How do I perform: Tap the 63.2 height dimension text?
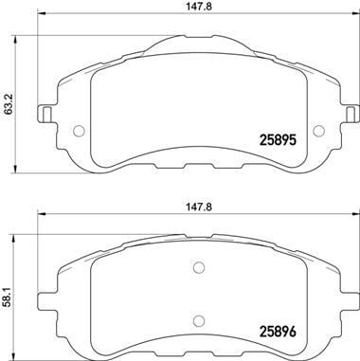[9, 102]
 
